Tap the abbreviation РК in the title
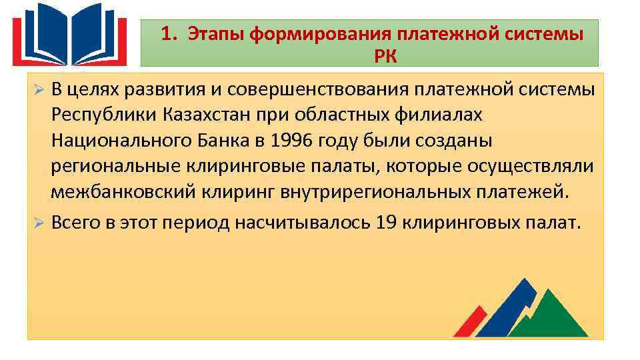pyautogui.click(x=385, y=56)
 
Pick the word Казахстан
pyautogui.click(x=206, y=115)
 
